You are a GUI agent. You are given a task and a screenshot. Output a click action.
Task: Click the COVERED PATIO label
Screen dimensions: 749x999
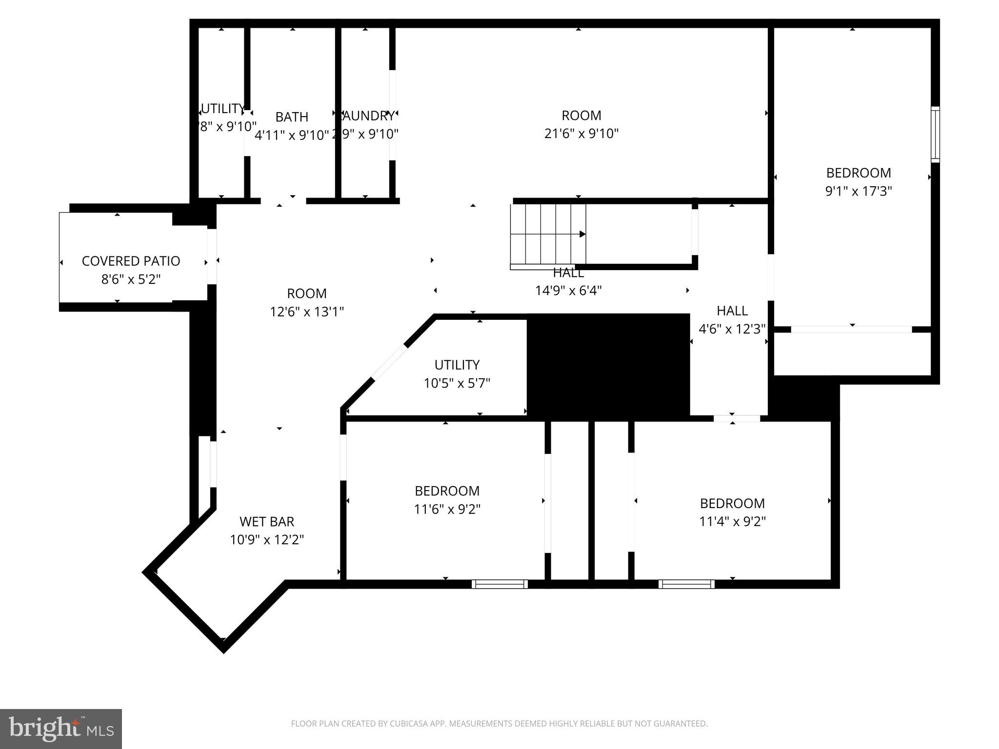(x=131, y=261)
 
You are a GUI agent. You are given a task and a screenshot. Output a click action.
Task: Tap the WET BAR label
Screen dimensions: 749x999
(x=267, y=522)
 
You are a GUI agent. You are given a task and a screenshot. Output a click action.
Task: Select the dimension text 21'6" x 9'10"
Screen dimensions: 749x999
(x=581, y=134)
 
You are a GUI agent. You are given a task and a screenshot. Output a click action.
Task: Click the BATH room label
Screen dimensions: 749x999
(x=292, y=117)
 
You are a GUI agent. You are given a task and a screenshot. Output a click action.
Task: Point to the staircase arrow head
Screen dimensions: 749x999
(x=582, y=234)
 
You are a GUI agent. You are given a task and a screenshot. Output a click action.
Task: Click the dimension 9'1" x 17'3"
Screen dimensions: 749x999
(x=858, y=191)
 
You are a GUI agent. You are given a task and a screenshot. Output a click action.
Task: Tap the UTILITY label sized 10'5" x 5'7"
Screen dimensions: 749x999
(x=457, y=365)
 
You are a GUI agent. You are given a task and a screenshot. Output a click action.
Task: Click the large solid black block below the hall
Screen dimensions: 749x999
(x=608, y=366)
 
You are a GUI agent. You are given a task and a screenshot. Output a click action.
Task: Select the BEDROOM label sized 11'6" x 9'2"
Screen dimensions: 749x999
(x=447, y=491)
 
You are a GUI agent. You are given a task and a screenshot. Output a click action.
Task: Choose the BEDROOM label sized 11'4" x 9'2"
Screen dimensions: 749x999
(x=732, y=503)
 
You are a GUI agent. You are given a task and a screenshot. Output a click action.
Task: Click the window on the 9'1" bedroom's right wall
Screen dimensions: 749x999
(x=935, y=134)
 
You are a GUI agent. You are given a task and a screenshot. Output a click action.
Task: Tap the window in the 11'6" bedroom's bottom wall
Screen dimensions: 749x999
(x=499, y=584)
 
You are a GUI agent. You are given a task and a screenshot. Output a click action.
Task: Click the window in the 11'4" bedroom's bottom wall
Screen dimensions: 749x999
(x=686, y=584)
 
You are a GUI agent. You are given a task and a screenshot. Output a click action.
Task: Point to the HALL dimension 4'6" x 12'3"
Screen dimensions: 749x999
(x=732, y=329)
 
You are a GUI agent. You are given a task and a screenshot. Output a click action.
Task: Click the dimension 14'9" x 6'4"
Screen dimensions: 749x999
(x=568, y=291)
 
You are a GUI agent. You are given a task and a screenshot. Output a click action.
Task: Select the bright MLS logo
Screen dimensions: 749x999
(x=61, y=729)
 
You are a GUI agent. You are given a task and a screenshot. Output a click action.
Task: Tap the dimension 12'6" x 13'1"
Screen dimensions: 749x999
(x=307, y=312)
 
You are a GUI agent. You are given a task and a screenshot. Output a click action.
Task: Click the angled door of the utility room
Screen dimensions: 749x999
(x=389, y=362)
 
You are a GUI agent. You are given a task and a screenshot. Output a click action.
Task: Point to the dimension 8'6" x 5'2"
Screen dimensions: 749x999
(x=131, y=279)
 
